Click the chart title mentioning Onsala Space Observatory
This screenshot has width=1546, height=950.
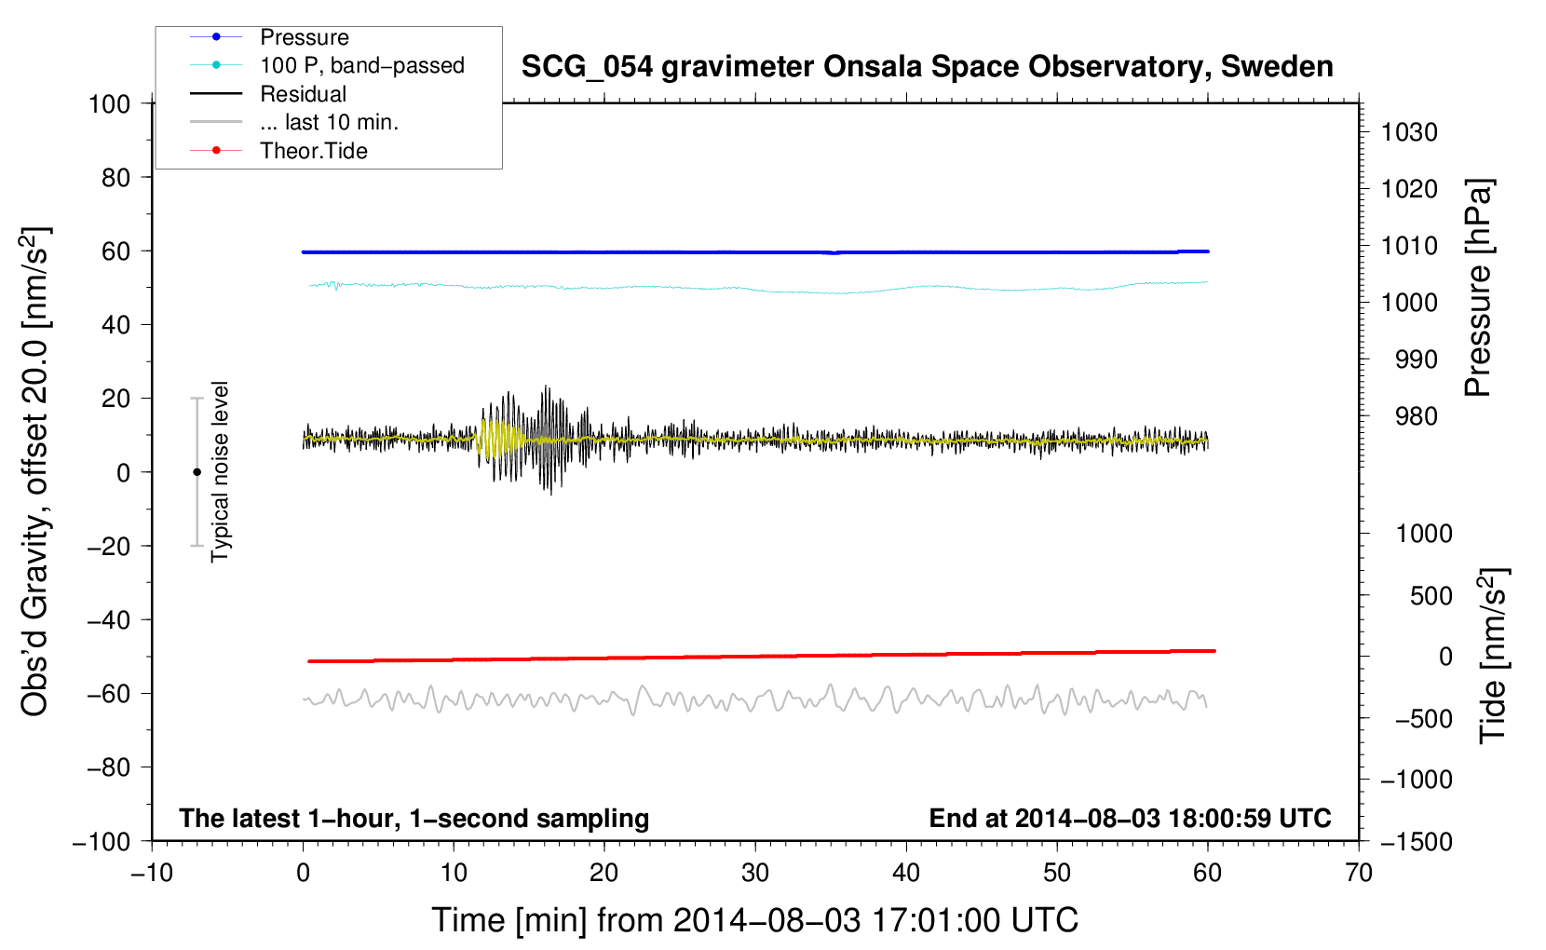[x=927, y=67]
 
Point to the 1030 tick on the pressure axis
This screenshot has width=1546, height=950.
[x=1409, y=132]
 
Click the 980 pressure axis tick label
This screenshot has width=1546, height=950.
[x=1417, y=416]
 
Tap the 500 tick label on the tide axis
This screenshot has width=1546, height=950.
[x=1431, y=596]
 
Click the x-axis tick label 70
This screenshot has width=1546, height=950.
[x=1358, y=873]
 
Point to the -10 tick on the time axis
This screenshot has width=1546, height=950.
[x=152, y=873]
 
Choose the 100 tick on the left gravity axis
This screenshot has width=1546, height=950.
[x=109, y=104]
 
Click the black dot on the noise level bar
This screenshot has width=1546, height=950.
[x=197, y=472]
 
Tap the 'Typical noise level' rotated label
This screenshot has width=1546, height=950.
[x=219, y=471]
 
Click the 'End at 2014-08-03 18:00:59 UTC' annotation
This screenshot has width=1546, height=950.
[x=1130, y=818]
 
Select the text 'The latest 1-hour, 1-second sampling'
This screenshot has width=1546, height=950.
[x=414, y=818]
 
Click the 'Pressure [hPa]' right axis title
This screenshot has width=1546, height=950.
[x=1478, y=288]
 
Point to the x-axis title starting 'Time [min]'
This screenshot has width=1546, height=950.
[x=755, y=920]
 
